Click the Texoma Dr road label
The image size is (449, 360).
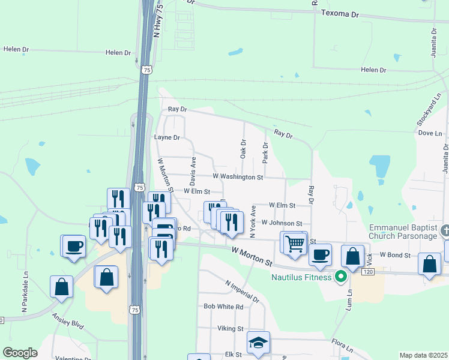click(339, 13)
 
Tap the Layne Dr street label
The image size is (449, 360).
click(167, 137)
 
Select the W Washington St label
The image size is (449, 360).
click(238, 177)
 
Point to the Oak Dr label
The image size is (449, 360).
click(243, 149)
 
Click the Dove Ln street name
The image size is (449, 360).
click(430, 133)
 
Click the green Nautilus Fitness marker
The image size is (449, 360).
click(341, 277)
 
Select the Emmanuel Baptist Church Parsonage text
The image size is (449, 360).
click(403, 232)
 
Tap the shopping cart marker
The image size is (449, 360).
click(295, 243)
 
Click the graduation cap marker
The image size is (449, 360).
click(259, 343)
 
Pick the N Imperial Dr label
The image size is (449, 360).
click(242, 291)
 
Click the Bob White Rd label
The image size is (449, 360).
click(223, 307)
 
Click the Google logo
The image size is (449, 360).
click(20, 353)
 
